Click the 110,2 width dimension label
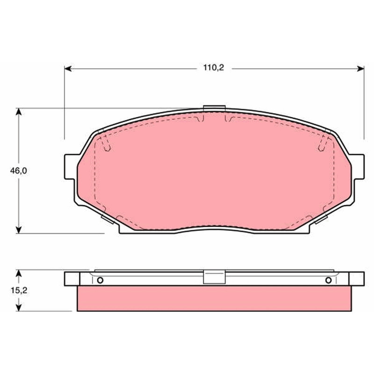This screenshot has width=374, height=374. (x=214, y=68)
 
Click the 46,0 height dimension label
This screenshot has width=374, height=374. (x=18, y=171)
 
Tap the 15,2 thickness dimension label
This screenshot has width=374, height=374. (x=19, y=290)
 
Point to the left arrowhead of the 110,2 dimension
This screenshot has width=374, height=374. (x=68, y=69)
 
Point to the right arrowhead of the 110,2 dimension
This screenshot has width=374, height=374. (x=360, y=69)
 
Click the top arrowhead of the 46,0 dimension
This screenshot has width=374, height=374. (x=19, y=112)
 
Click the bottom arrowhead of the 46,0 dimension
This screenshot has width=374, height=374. (x=19, y=230)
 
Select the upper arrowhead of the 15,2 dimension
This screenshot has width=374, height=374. (x=19, y=273)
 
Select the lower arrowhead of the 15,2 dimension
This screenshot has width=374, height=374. (x=19, y=308)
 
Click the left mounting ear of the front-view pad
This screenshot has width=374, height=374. (x=71, y=167)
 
